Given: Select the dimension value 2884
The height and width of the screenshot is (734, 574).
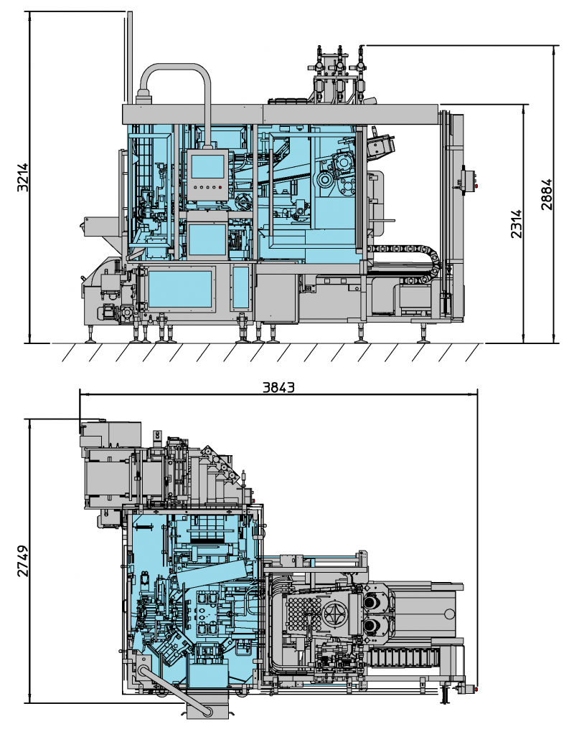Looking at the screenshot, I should pyautogui.click(x=547, y=194).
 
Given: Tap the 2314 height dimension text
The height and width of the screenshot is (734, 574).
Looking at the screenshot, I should pyautogui.click(x=516, y=224).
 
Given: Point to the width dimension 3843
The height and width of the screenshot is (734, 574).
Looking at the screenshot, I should pyautogui.click(x=278, y=387).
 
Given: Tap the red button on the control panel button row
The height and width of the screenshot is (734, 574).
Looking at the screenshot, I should pyautogui.click(x=221, y=189).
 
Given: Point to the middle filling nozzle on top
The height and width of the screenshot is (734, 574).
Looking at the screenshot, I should pyautogui.click(x=337, y=68).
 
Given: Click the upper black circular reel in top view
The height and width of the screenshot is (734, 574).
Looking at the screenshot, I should pyautogui.click(x=372, y=603).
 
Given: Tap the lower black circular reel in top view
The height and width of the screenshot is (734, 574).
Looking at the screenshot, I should pyautogui.click(x=372, y=626).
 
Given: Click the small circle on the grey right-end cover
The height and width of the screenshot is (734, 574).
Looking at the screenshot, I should pyautogui.click(x=448, y=614).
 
